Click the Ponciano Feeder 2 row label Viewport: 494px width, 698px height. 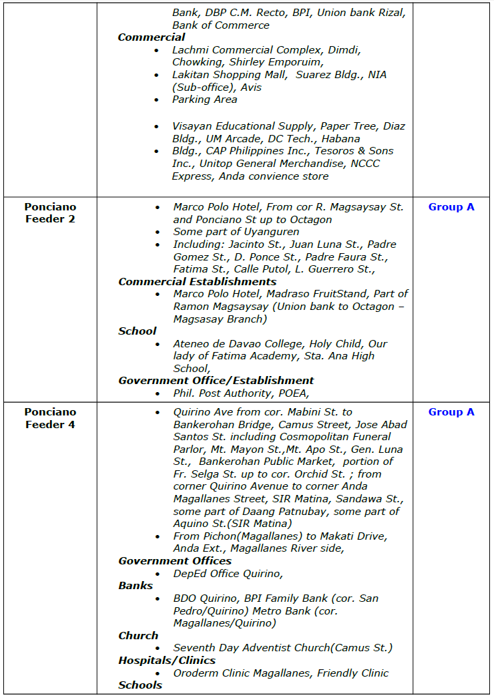pyautogui.click(x=51, y=213)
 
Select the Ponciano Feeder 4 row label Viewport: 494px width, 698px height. pyautogui.click(x=51, y=418)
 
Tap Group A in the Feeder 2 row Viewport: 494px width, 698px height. pyautogui.click(x=451, y=207)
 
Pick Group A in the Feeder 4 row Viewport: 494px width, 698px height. pyautogui.click(x=451, y=412)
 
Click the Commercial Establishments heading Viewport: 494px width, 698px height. pyautogui.click(x=198, y=282)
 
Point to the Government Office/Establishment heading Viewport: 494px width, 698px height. pyautogui.click(x=216, y=381)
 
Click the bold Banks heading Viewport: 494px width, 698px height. pyautogui.click(x=136, y=586)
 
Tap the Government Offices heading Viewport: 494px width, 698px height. pyautogui.click(x=175, y=561)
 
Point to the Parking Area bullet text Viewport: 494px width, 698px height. pyautogui.click(x=205, y=100)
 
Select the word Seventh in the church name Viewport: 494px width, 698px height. pyautogui.click(x=194, y=648)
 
